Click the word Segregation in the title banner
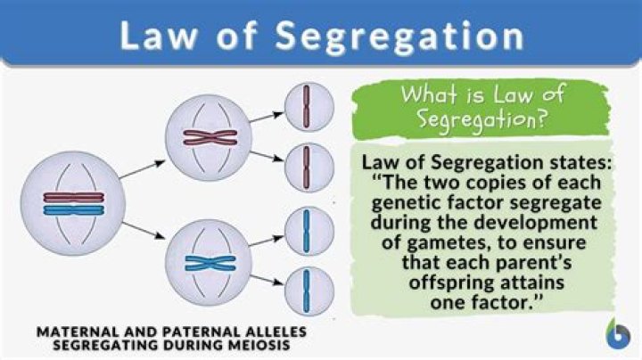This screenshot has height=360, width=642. [x=399, y=37]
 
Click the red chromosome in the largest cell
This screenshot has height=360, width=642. [x=74, y=198]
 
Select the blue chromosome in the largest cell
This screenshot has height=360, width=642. [x=74, y=210]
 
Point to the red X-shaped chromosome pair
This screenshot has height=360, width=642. [x=210, y=137]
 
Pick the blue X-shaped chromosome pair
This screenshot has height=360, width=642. [x=210, y=263]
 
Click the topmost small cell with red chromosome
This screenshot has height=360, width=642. [x=309, y=107]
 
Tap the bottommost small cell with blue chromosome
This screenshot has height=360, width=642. [x=309, y=291]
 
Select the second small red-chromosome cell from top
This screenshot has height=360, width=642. [x=309, y=168]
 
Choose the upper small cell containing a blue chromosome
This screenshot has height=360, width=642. [x=309, y=231]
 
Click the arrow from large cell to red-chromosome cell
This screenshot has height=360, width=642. [x=142, y=169]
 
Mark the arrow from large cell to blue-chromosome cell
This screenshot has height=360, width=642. [x=144, y=230]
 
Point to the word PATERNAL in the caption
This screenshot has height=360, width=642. [x=200, y=331]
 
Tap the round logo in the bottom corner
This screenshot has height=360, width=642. [x=618, y=334]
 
